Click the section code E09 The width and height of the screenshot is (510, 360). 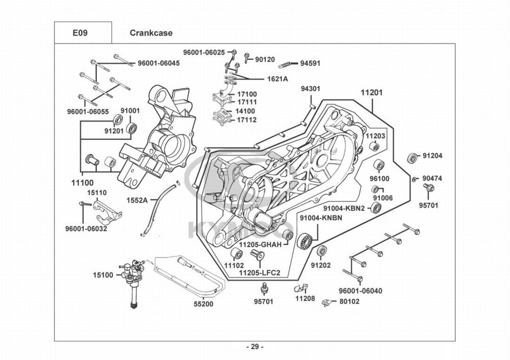[x=80, y=33]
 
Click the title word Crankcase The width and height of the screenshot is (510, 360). [x=151, y=33]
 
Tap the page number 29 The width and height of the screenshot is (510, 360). [x=255, y=347]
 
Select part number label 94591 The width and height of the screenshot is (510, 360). [x=310, y=64]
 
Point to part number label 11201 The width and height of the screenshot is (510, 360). [x=372, y=93]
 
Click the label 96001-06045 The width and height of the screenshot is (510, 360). [x=159, y=63]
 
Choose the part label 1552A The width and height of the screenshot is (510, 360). [x=138, y=200]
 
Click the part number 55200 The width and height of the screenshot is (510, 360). [x=203, y=304]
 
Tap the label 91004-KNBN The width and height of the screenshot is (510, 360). [x=320, y=218]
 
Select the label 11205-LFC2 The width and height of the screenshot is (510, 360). [x=260, y=273]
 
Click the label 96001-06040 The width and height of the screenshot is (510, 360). [x=361, y=291]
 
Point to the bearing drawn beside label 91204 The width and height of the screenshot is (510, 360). [x=412, y=157]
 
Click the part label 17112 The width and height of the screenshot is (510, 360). [x=246, y=120]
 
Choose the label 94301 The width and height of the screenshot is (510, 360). [x=310, y=89]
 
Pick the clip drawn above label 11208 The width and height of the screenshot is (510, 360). [x=303, y=288]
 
